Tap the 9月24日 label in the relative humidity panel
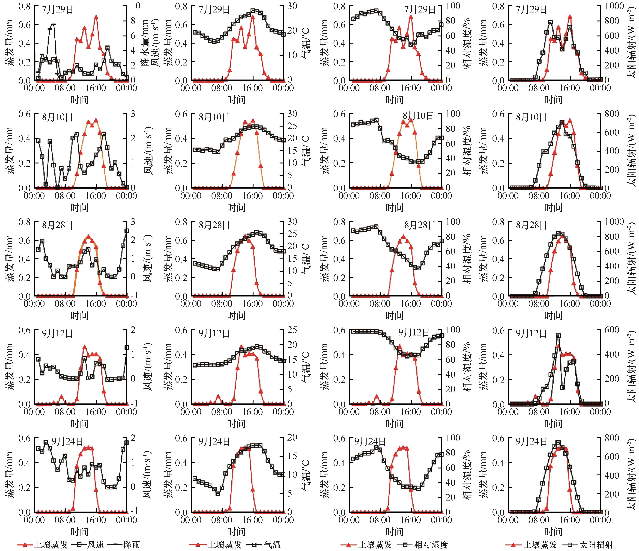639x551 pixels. (x=370, y=442)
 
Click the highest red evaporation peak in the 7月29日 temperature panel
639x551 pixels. (x=253, y=17)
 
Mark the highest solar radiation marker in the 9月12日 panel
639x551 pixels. (x=558, y=336)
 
